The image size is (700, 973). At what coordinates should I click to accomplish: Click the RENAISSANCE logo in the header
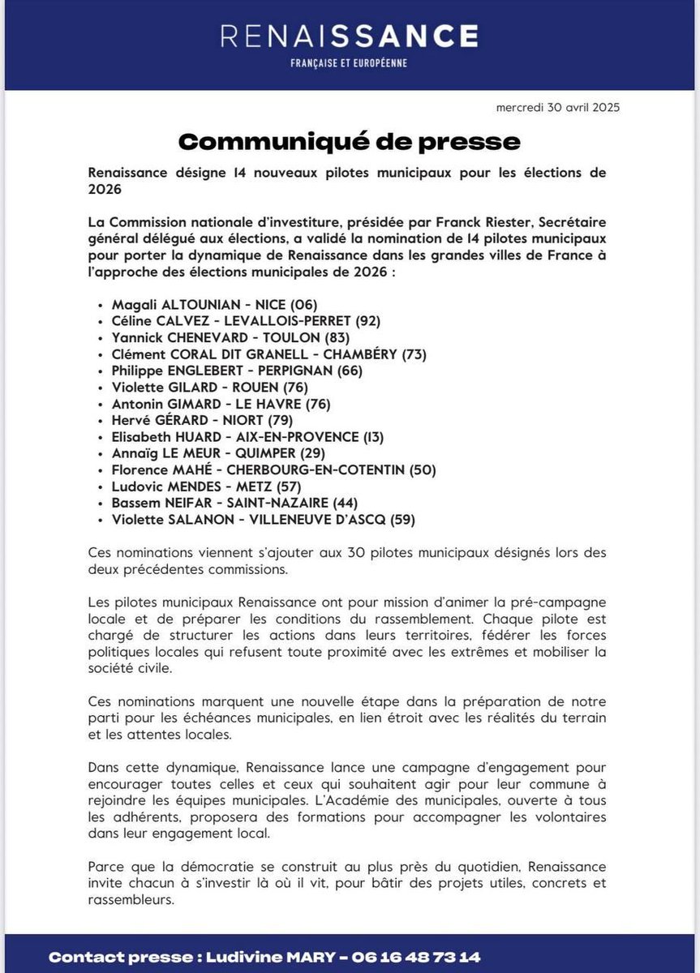coord(350,36)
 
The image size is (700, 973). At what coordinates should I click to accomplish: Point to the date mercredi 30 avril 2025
coord(558,108)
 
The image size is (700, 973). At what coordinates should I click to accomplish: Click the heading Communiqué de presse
coord(349,141)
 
